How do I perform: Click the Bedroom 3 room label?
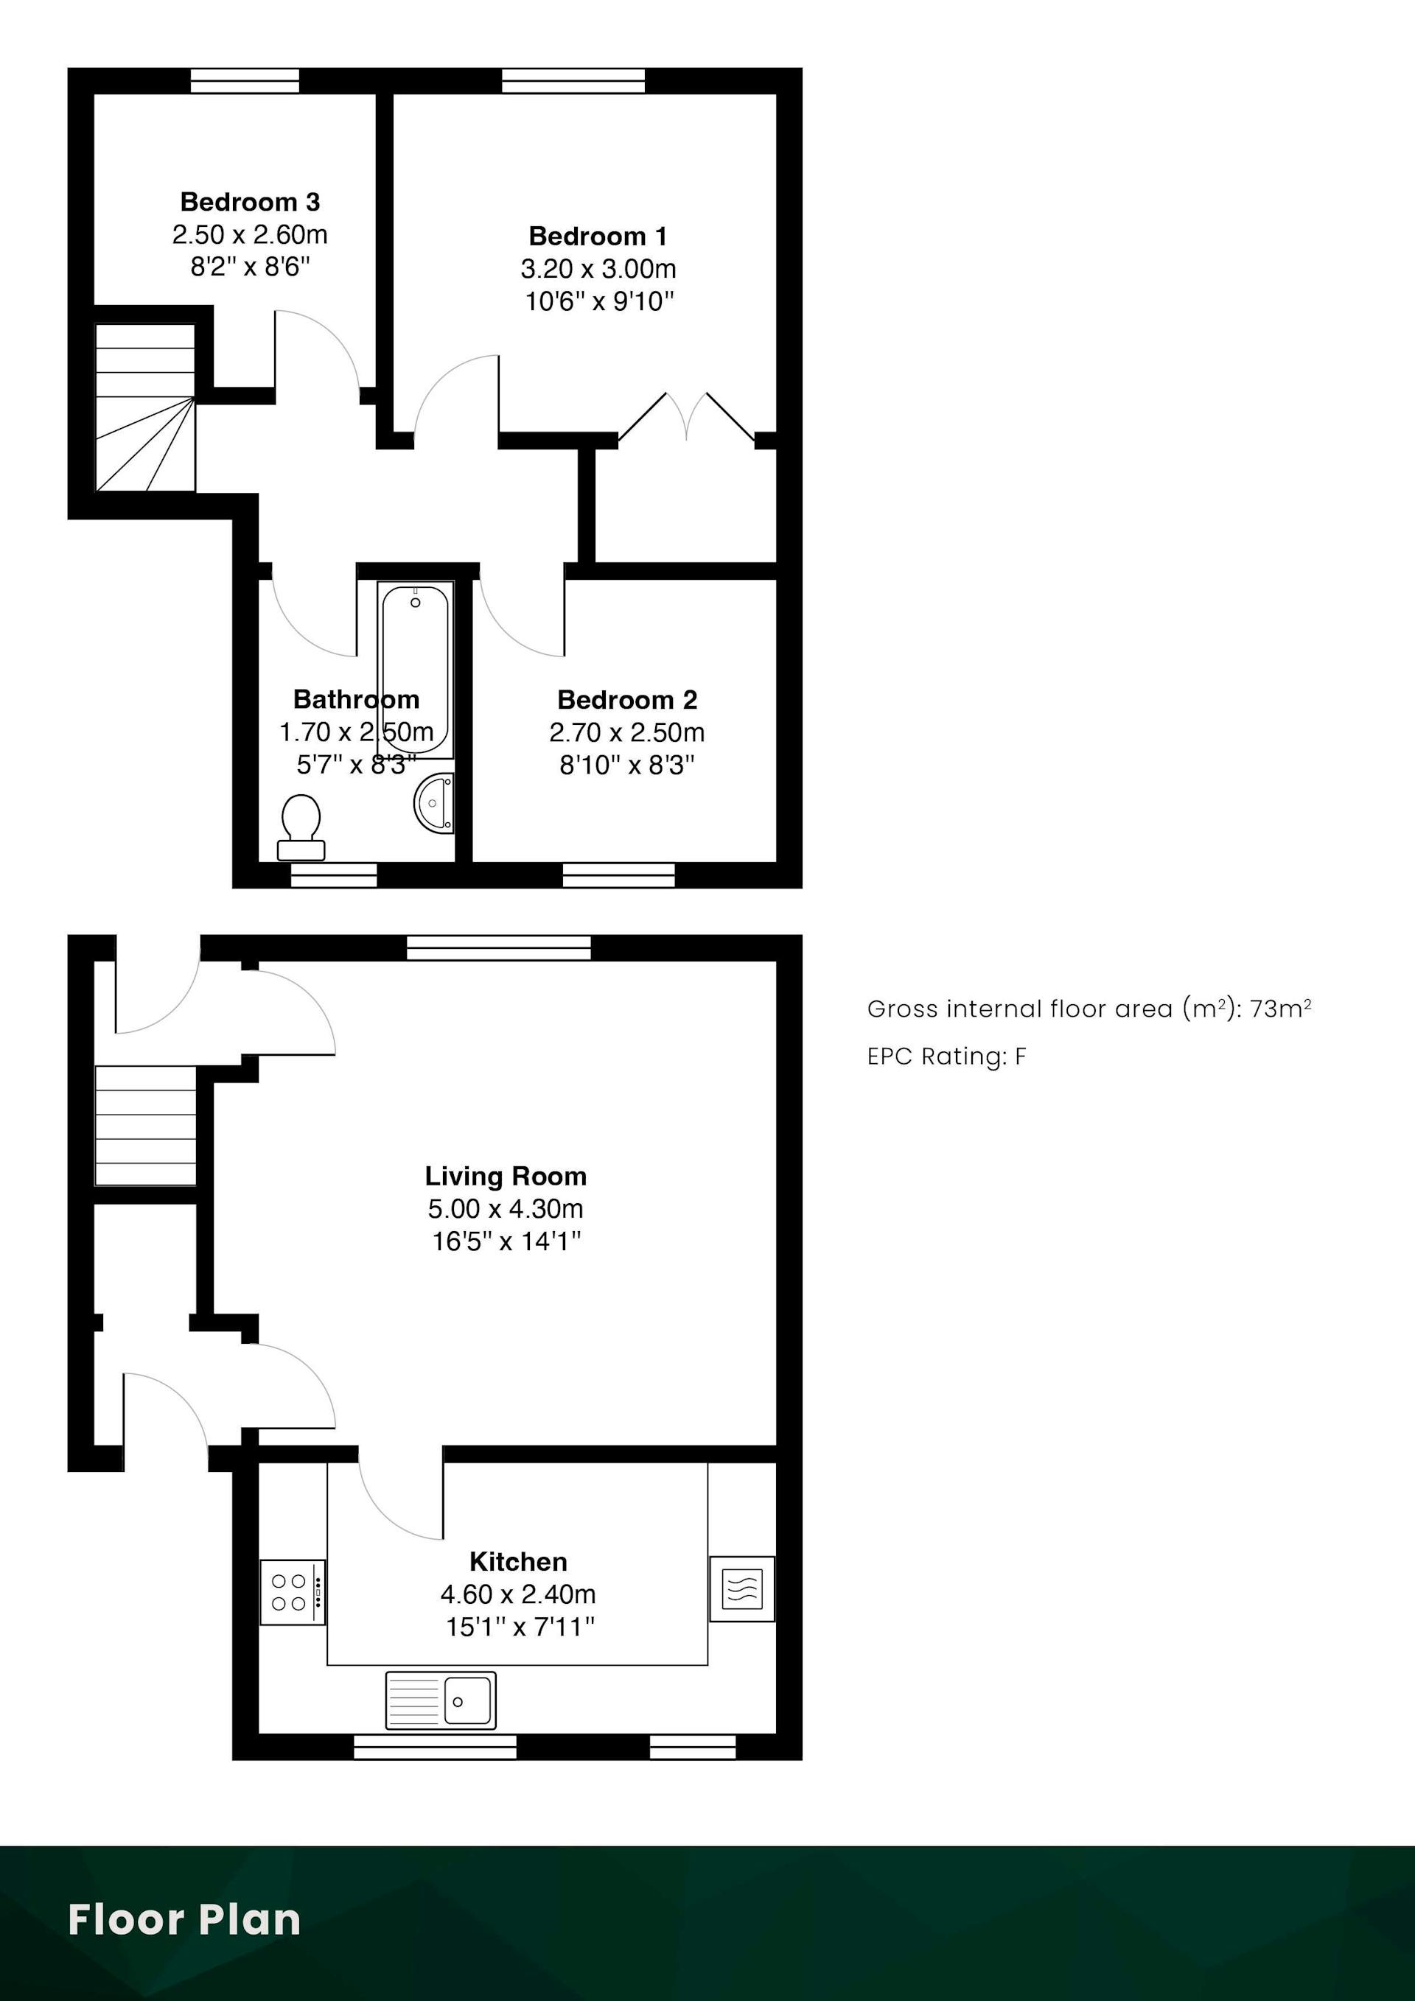[251, 202]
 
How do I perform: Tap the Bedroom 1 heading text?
[598, 236]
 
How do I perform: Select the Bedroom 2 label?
[627, 700]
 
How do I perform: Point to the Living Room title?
[506, 1177]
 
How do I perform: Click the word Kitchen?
[518, 1562]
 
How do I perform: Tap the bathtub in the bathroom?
[416, 669]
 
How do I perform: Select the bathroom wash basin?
[434, 802]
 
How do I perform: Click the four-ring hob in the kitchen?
[293, 1592]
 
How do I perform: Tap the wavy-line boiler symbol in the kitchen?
[742, 1588]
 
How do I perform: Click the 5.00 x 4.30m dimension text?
[506, 1209]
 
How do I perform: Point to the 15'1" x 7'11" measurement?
[520, 1626]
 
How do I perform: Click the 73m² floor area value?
[1281, 1009]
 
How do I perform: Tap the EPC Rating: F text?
[947, 1056]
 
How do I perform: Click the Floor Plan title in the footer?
[185, 1919]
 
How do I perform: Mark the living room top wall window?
[499, 947]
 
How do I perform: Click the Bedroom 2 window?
[619, 875]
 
